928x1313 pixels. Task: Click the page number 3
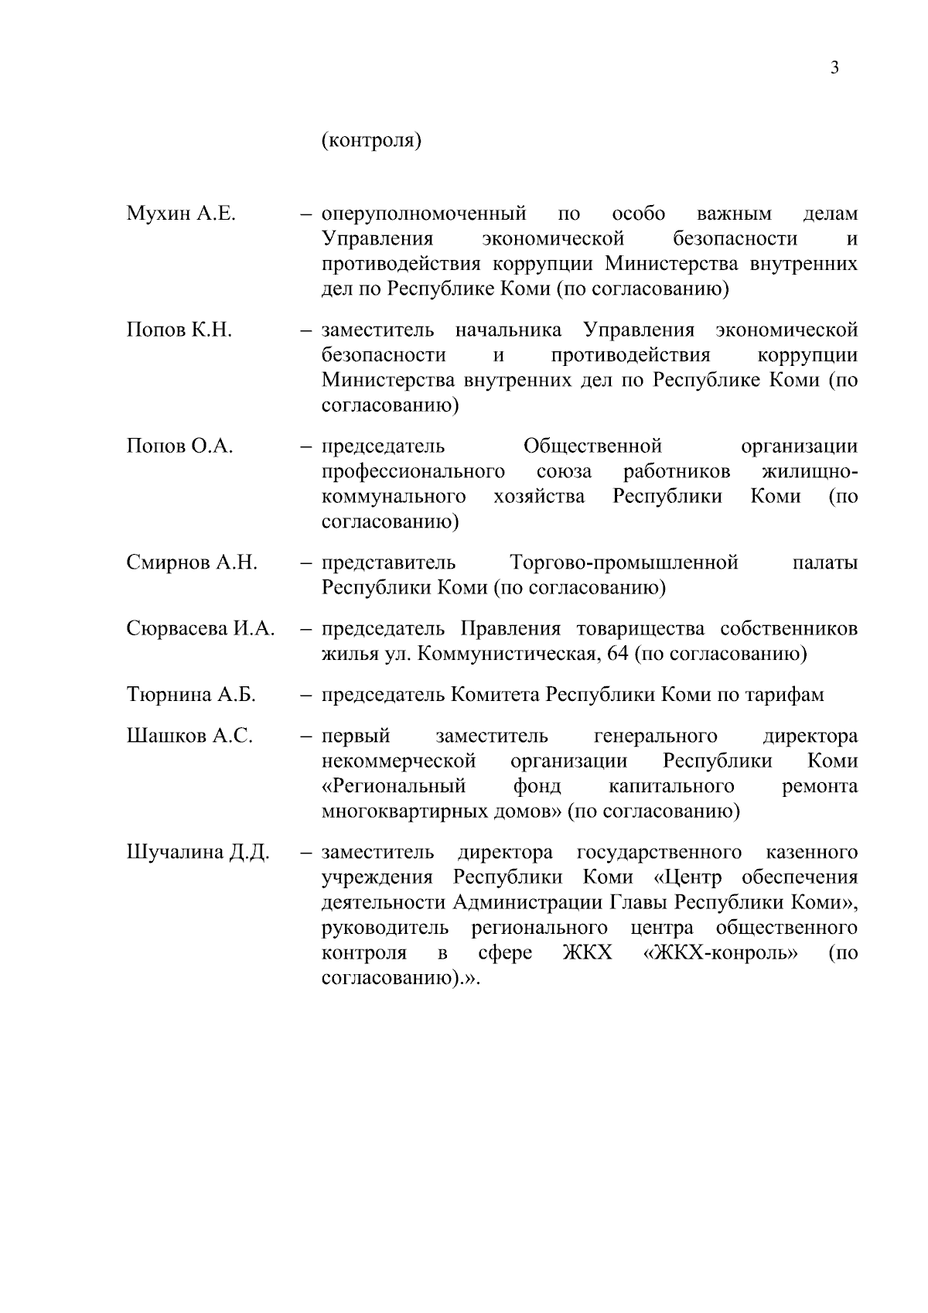tap(834, 68)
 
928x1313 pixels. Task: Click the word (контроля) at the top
tap(370, 142)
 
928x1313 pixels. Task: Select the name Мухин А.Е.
tap(180, 214)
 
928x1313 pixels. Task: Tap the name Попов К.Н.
tap(179, 330)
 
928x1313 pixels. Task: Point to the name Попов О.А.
tap(179, 446)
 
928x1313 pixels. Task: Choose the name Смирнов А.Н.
tap(191, 562)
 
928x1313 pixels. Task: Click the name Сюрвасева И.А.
tap(200, 629)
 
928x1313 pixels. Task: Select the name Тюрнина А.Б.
tap(190, 695)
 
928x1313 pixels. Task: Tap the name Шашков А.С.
tap(189, 736)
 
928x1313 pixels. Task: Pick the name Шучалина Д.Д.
tap(197, 853)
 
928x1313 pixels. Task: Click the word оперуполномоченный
tap(423, 214)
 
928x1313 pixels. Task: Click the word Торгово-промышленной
tap(624, 562)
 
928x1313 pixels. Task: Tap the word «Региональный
tap(394, 787)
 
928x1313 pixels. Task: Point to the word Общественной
tap(592, 446)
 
